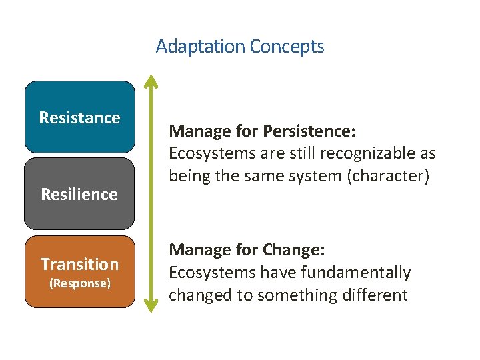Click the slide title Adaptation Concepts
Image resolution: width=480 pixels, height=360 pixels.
[240, 47]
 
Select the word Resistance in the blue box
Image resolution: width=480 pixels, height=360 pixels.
[80, 118]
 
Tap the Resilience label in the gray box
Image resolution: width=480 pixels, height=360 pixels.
[79, 195]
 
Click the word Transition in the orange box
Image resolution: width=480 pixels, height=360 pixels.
[79, 265]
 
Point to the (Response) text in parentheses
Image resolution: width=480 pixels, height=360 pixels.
[79, 283]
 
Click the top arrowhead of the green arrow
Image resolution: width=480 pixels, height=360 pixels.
[152, 81]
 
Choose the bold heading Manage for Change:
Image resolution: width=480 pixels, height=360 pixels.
[247, 250]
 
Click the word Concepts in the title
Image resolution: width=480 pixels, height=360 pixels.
[287, 47]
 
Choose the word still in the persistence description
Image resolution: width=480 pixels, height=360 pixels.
[301, 153]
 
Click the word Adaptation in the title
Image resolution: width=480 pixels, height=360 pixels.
[201, 47]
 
